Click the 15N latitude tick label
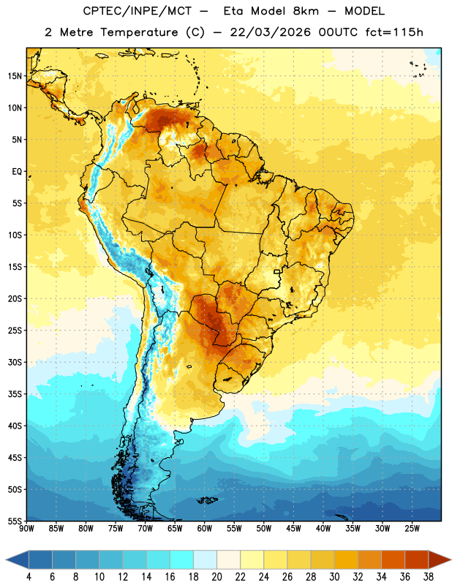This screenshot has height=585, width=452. point(15,76)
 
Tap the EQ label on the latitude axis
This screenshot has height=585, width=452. point(17,172)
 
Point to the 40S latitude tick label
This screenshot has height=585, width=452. point(15,426)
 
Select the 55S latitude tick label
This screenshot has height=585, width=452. point(15,521)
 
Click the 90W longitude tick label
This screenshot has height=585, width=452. point(26,529)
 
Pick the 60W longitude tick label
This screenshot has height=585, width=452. point(205,529)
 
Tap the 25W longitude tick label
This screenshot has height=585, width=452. point(412,529)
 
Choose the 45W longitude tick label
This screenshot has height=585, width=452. point(293,529)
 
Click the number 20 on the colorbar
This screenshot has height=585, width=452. point(216,577)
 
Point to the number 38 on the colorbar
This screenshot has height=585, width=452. point(429,577)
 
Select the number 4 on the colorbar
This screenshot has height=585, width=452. point(29,577)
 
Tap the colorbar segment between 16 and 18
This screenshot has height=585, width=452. point(181,560)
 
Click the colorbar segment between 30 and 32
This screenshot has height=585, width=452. point(346,560)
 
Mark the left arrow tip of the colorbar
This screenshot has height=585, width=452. point(6,560)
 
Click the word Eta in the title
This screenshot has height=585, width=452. point(233,11)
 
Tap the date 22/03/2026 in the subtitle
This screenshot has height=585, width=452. point(270,32)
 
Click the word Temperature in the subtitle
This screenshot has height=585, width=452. point(139,33)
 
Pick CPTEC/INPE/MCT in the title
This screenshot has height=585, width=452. point(138,12)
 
